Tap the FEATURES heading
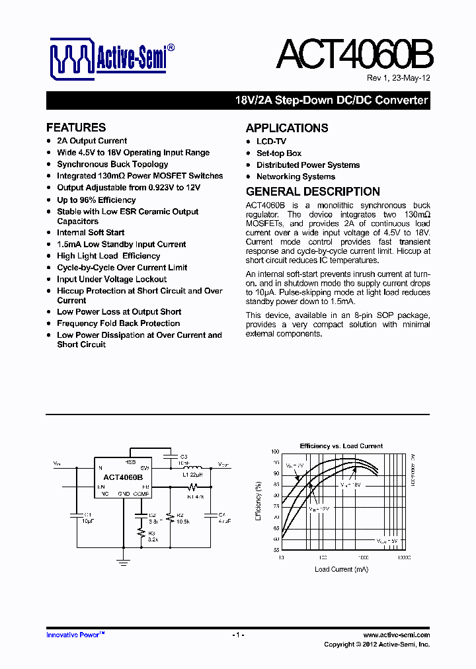[76, 128]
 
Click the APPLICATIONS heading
[287, 128]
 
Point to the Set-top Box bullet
[279, 153]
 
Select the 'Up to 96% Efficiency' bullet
[97, 200]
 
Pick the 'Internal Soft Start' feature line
[91, 233]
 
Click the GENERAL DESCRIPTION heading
[313, 192]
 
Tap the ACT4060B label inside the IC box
[122, 477]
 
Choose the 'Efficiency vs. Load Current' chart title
[341, 446]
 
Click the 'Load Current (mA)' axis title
[341, 569]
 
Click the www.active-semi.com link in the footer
[397, 635]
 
